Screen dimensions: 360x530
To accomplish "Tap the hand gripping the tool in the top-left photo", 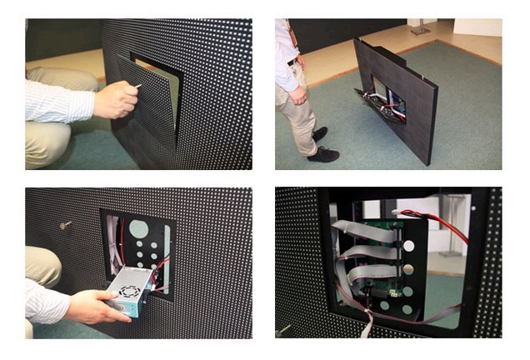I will [x=117, y=100].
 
